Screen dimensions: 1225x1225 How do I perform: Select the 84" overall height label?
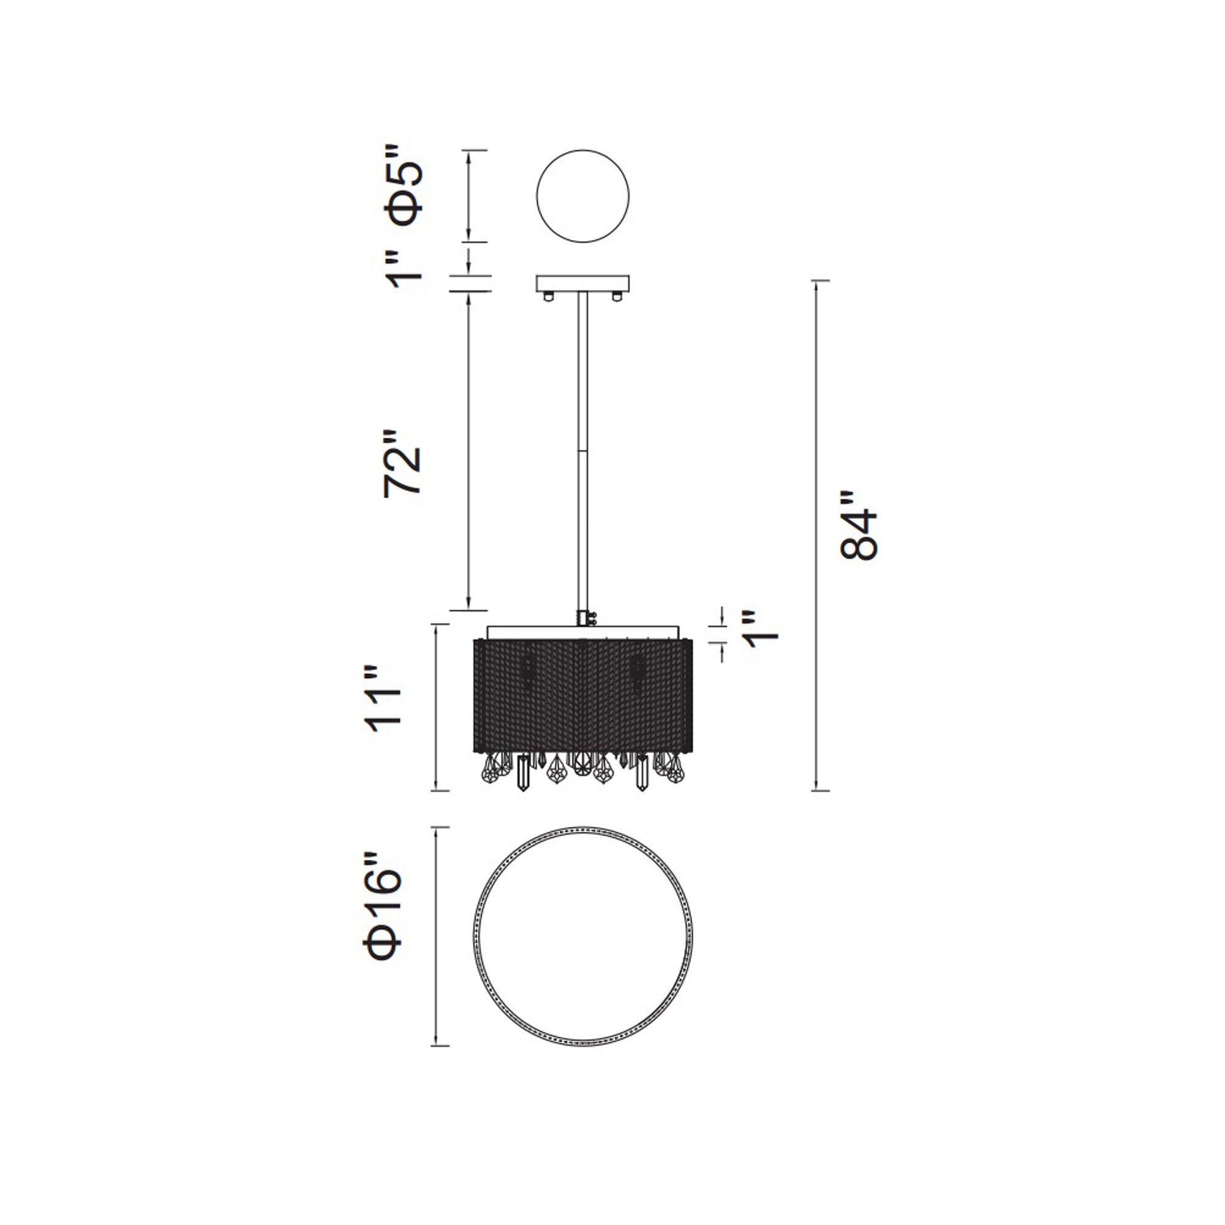[x=859, y=525]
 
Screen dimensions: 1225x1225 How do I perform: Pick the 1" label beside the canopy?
[x=404, y=269]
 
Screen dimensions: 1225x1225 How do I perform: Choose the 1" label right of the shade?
[x=760, y=630]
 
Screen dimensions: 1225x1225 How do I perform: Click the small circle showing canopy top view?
[x=582, y=196]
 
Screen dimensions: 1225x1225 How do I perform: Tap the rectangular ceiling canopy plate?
[x=582, y=283]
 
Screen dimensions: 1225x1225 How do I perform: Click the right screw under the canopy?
[x=616, y=295]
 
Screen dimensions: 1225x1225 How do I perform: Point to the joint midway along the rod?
[x=581, y=451]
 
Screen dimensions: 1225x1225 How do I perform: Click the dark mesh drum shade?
[x=582, y=696]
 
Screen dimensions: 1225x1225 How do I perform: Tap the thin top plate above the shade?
[x=582, y=632]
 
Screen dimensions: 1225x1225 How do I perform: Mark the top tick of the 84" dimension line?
[x=821, y=281]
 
